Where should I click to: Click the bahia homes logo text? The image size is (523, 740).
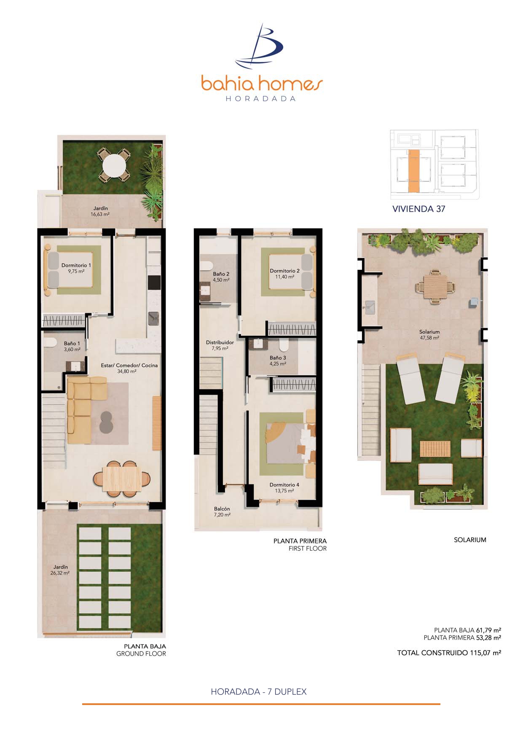click(x=262, y=84)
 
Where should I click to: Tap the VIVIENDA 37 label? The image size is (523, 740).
click(x=418, y=209)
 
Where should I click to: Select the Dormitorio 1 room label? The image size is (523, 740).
click(x=76, y=268)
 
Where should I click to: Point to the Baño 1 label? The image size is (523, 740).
click(x=72, y=346)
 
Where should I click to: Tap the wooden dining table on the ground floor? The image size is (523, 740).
click(x=122, y=479)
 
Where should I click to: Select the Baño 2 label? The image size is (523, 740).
click(x=221, y=277)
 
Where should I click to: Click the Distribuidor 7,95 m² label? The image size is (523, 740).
click(x=220, y=345)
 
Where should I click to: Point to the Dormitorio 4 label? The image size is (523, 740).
click(x=284, y=487)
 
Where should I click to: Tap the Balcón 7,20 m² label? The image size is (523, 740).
click(x=222, y=511)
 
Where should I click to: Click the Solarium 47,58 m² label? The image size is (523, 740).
click(x=429, y=335)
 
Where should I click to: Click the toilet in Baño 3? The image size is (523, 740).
click(x=284, y=346)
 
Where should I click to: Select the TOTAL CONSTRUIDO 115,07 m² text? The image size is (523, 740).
click(x=449, y=653)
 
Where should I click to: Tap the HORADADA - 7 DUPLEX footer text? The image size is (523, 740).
click(x=259, y=692)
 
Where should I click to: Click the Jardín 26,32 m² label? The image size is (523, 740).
click(x=60, y=570)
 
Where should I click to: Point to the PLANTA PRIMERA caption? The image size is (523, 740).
click(x=300, y=541)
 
